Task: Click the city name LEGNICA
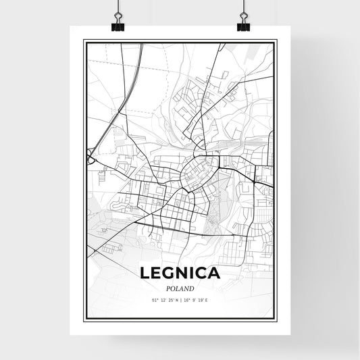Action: point(179,274)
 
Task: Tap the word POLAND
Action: point(179,288)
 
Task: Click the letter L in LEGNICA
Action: point(145,274)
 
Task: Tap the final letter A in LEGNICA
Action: point(214,274)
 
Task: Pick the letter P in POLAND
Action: point(165,288)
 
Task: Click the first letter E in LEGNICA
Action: point(155,274)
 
